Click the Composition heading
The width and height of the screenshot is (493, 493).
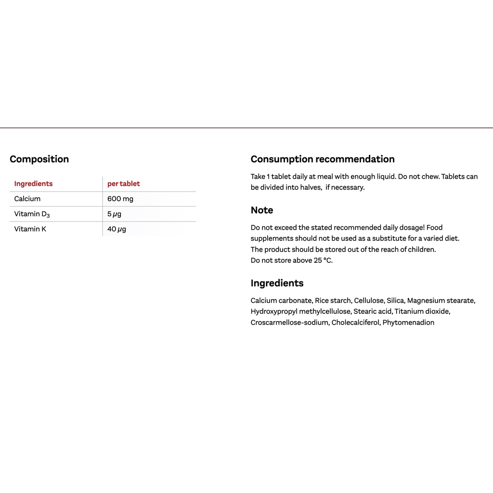[39, 159]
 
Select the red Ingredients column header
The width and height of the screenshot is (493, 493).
[33, 183]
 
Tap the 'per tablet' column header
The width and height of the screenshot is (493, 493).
[123, 183]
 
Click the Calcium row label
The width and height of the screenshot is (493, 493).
[27, 199]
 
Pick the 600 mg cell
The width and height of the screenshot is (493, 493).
[120, 199]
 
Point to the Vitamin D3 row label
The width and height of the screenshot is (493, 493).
[32, 214]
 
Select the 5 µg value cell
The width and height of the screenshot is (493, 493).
[114, 214]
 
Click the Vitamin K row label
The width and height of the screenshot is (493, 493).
[30, 229]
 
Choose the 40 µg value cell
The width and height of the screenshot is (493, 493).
[117, 229]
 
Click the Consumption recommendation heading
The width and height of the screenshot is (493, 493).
[323, 159]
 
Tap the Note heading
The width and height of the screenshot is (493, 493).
[262, 210]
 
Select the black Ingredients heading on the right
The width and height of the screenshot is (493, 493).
[277, 283]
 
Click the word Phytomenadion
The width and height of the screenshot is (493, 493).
[408, 323]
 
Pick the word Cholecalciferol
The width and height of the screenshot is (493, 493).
[355, 323]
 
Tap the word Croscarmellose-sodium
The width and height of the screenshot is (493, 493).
[290, 323]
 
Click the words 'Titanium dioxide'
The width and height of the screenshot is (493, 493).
[422, 311]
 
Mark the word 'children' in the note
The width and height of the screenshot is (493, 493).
[419, 249]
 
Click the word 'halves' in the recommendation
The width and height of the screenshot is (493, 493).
[311, 187]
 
